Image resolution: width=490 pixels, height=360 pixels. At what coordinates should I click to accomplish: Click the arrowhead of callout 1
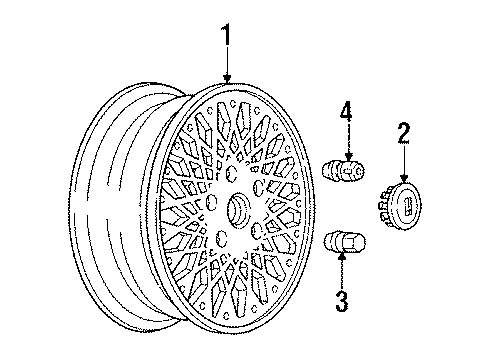click(x=228, y=80)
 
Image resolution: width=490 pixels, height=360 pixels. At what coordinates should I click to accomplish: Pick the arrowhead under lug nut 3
click(x=342, y=259)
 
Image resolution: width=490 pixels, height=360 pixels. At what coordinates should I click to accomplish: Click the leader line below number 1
click(x=228, y=62)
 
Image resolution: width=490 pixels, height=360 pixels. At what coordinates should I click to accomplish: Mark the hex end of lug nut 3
click(x=355, y=243)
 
